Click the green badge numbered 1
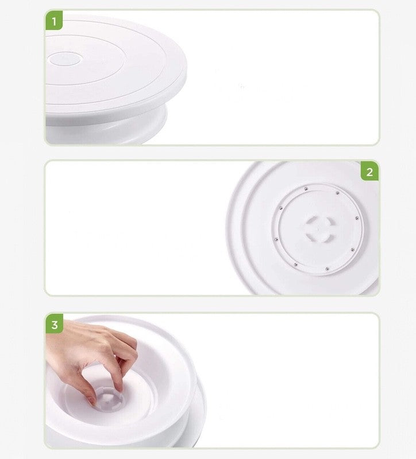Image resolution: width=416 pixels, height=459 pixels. pyautogui.click(x=54, y=21)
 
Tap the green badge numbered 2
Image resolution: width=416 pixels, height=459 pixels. pyautogui.click(x=369, y=172)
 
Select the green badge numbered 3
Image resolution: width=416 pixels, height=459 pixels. pyautogui.click(x=55, y=324)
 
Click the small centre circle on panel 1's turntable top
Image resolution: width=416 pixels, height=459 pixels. pyautogui.click(x=65, y=59)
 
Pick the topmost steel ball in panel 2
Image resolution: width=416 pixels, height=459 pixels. pyautogui.click(x=306, y=189)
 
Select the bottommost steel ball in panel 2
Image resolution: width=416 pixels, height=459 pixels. pyautogui.click(x=327, y=269)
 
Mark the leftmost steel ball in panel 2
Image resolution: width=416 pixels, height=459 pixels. pyautogui.click(x=276, y=239)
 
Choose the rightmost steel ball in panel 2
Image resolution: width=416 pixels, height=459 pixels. pyautogui.click(x=357, y=219)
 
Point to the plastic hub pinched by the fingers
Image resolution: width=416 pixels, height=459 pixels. pyautogui.click(x=109, y=398)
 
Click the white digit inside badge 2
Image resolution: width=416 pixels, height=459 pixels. pyautogui.click(x=369, y=172)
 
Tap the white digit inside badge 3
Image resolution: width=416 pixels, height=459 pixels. pyautogui.click(x=55, y=325)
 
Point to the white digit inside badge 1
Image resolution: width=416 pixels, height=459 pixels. pyautogui.click(x=54, y=21)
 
